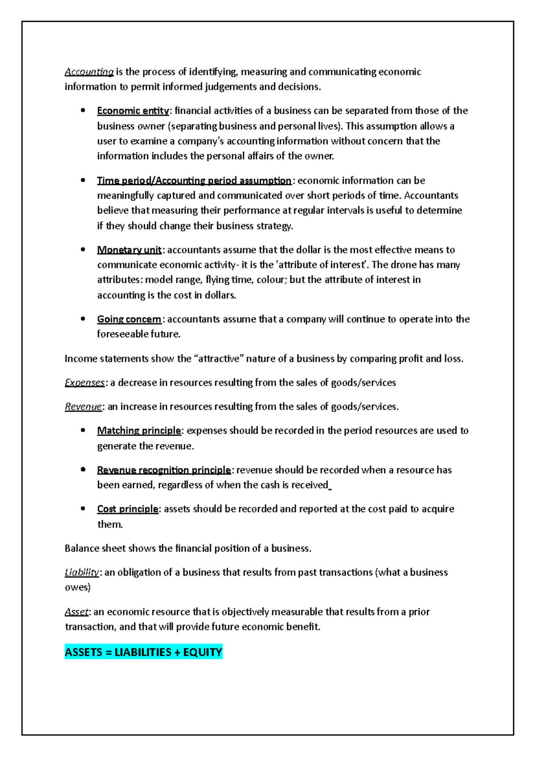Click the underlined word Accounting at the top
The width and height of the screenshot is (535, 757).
(89, 72)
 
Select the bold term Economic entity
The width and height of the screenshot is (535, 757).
(133, 111)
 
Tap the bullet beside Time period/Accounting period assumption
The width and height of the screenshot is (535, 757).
(82, 180)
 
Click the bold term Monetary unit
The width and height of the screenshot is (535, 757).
(129, 250)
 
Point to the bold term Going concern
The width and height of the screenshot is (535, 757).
(129, 319)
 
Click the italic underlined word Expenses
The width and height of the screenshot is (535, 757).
(85, 383)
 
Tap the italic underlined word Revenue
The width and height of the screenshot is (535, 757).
(83, 407)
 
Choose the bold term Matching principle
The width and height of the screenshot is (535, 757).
(139, 431)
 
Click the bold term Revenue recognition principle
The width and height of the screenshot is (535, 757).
(164, 470)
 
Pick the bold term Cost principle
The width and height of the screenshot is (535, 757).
(128, 509)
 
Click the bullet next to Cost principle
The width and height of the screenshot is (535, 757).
(82, 509)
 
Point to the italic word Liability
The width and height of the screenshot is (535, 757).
(82, 572)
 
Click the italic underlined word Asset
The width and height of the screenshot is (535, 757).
(77, 612)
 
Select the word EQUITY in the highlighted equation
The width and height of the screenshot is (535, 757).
(202, 652)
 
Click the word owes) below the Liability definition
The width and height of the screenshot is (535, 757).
(78, 588)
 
